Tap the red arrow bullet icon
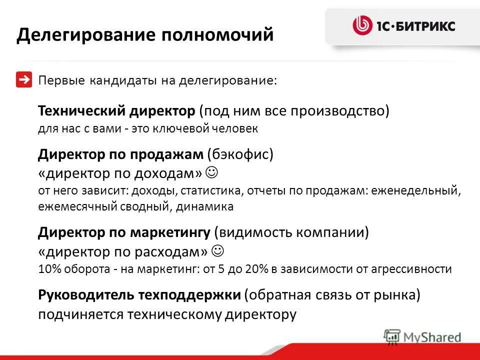point(24,80)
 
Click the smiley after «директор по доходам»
point(211,172)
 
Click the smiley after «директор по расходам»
point(217,249)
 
